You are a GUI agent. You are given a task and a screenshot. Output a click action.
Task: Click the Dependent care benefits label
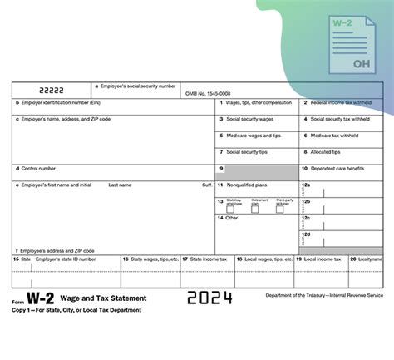click(337, 169)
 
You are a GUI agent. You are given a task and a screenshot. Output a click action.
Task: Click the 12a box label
click(306, 185)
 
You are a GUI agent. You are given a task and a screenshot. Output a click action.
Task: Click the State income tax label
click(204, 259)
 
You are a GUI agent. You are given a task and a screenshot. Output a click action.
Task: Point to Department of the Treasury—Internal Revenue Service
click(325, 295)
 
